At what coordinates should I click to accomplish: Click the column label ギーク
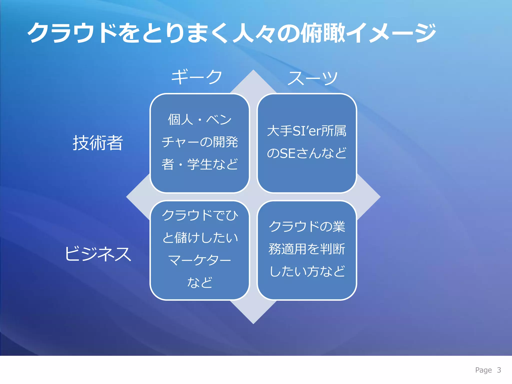(x=196, y=77)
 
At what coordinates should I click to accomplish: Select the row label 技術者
(x=98, y=143)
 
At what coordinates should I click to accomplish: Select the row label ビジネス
(x=98, y=254)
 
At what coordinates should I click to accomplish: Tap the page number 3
(x=499, y=370)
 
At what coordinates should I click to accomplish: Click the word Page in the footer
(x=483, y=370)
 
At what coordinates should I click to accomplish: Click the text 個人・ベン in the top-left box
(x=199, y=119)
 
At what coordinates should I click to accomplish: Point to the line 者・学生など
(x=199, y=164)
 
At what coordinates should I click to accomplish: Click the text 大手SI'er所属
(x=306, y=131)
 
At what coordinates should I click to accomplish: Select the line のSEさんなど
(x=306, y=153)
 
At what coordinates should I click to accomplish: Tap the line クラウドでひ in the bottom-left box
(x=199, y=215)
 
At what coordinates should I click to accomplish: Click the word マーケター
(x=199, y=260)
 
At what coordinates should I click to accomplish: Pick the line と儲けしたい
(x=199, y=237)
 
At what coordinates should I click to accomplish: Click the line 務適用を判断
(x=306, y=249)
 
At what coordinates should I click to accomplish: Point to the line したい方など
(x=306, y=271)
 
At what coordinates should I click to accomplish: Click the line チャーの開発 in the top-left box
(x=199, y=142)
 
